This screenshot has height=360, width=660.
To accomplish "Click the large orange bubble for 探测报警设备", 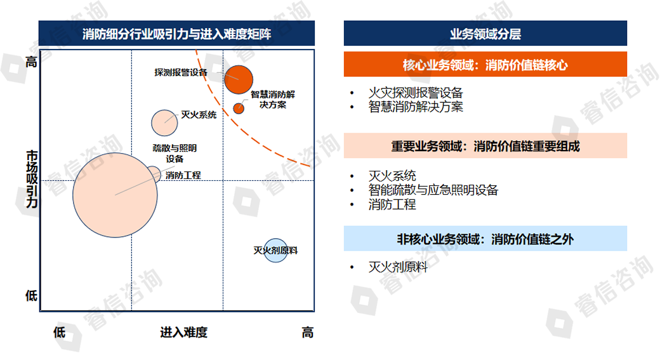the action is tap(239, 79).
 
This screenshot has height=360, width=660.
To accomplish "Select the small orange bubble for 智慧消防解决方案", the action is tap(239, 108).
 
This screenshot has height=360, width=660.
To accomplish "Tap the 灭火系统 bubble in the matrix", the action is tap(164, 123).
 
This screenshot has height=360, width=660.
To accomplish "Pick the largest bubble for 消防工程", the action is tap(115, 195).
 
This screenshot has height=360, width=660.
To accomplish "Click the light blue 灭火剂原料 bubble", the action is tap(275, 251).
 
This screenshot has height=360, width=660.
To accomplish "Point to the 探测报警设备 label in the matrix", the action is tap(181, 72).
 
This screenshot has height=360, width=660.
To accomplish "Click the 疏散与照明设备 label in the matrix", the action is tap(175, 153).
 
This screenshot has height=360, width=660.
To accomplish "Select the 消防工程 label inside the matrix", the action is tap(183, 175).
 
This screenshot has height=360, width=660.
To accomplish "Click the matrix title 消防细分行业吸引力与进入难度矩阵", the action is tap(177, 33).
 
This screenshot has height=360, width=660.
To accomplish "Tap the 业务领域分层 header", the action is tap(485, 33).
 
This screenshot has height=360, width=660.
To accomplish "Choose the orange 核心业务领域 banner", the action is tap(485, 64).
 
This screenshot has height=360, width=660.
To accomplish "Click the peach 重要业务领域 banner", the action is tap(485, 145).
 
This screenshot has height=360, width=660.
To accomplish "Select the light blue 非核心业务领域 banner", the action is tap(485, 239).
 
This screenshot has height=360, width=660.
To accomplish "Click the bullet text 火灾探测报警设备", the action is tap(416, 93).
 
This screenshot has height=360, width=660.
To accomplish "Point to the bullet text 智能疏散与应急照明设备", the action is tap(433, 190).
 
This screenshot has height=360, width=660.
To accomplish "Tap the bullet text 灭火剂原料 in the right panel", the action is tap(398, 267).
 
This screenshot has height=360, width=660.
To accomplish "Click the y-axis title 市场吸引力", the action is tap(32, 179).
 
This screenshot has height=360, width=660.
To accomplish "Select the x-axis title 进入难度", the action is tap(184, 332).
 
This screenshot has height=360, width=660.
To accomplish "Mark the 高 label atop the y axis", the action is tap(32, 62).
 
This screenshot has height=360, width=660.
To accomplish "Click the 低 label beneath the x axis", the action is tap(60, 332).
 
